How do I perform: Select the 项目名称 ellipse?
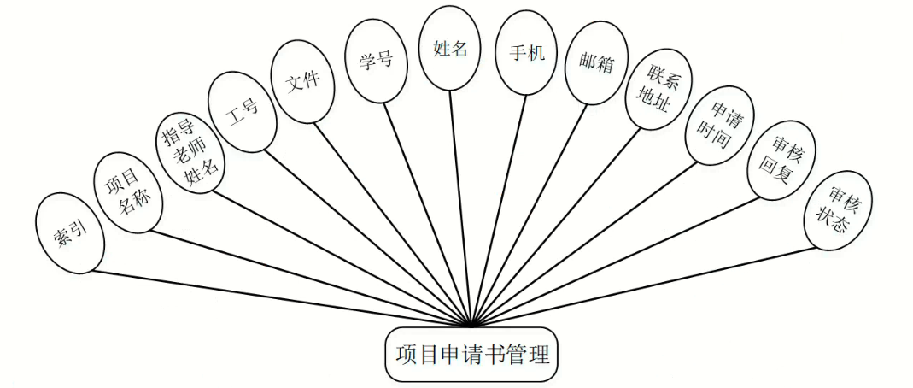coord(126,192)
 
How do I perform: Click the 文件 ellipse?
coord(301,82)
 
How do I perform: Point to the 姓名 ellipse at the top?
coord(450,48)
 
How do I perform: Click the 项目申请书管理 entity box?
coord(471,354)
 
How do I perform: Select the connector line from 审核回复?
coord(615,262)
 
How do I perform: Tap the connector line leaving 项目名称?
coord(307,278)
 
